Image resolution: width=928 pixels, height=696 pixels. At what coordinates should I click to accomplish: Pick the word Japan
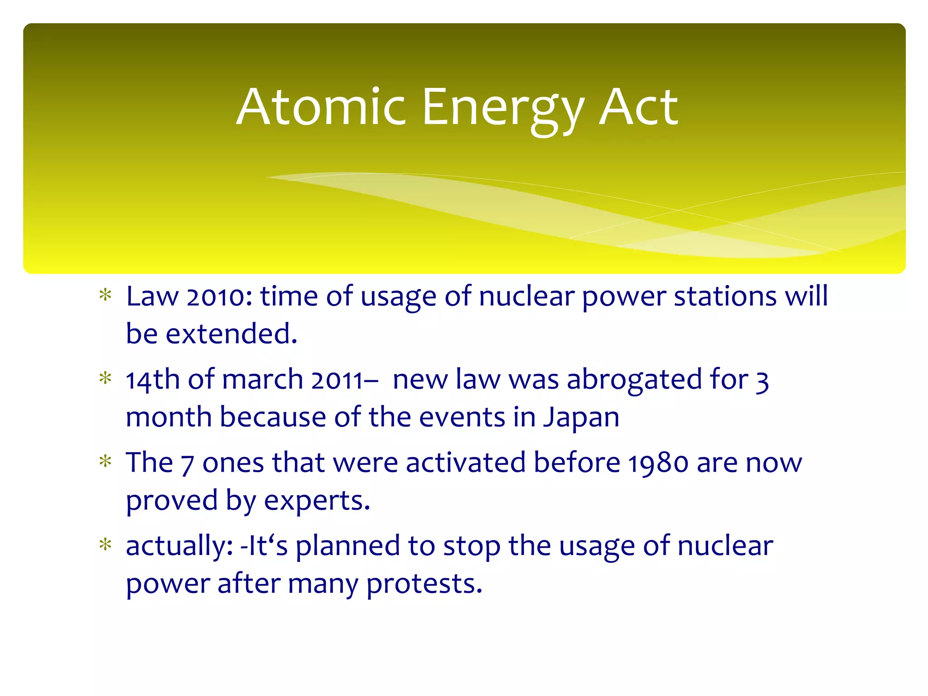[581, 418]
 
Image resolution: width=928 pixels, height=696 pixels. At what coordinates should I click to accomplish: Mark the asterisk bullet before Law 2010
[106, 295]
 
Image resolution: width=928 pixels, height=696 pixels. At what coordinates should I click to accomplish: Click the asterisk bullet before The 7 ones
[106, 462]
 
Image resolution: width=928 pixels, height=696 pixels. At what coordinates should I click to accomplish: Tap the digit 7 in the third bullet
[188, 464]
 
